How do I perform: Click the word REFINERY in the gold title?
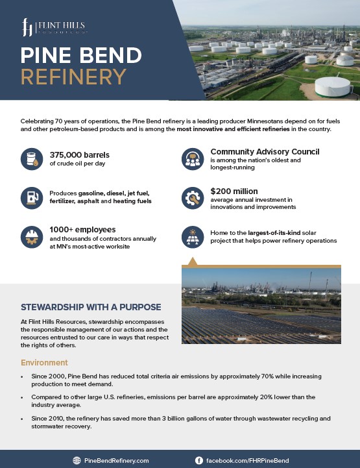pos(73,77)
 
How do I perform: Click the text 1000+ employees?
pos(82,230)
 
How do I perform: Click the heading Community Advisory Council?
pos(265,152)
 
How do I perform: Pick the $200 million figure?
pos(234,191)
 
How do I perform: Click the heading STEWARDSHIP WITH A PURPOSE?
pos(91,307)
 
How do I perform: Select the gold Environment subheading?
pos(45,362)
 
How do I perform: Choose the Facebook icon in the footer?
pos(198,460)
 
